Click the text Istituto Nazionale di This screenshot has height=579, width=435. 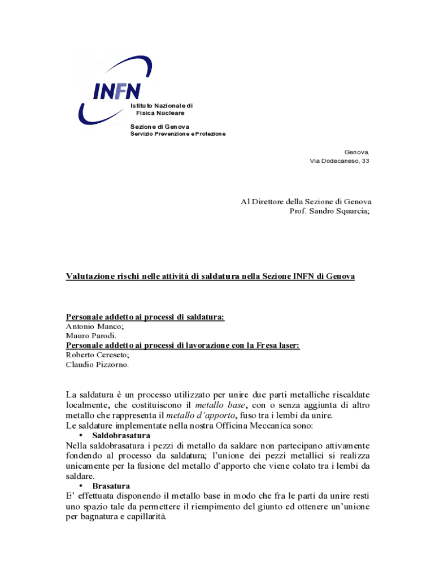(162, 106)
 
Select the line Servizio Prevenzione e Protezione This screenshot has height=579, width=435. (178, 133)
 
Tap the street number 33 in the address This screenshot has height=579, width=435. (366, 161)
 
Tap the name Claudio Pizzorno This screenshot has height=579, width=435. (97, 365)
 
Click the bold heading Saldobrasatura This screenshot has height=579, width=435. (121, 436)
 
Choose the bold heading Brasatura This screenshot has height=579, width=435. (111, 486)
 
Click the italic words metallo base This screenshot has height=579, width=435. (220, 405)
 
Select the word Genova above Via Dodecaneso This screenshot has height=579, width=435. (356, 152)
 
